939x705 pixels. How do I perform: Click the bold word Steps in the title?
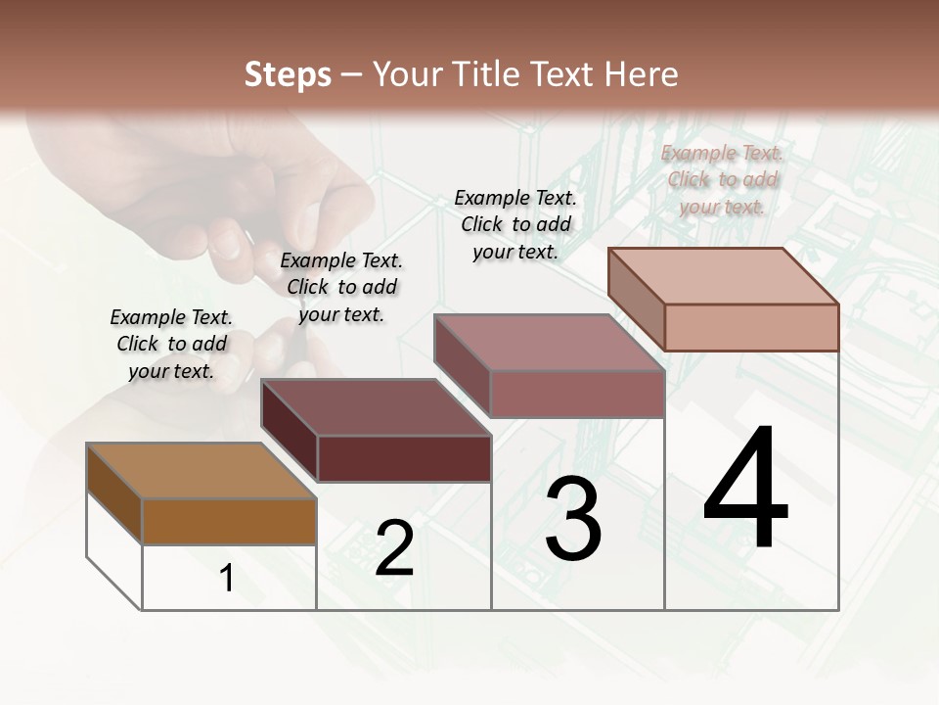point(288,74)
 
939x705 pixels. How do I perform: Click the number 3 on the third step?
point(573,519)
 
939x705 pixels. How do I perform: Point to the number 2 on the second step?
point(394,548)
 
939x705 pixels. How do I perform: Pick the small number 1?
point(227,578)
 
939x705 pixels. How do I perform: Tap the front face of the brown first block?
point(229,521)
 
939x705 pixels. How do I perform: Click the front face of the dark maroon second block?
point(404,458)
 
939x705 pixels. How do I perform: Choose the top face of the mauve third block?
point(549,343)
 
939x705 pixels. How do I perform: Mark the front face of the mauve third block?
point(577,394)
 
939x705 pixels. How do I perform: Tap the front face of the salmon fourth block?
point(751,327)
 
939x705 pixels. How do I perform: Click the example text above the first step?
point(171,344)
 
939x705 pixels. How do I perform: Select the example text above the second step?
point(341,287)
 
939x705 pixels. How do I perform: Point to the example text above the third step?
point(515,224)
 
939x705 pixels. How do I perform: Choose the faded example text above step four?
point(722,179)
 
